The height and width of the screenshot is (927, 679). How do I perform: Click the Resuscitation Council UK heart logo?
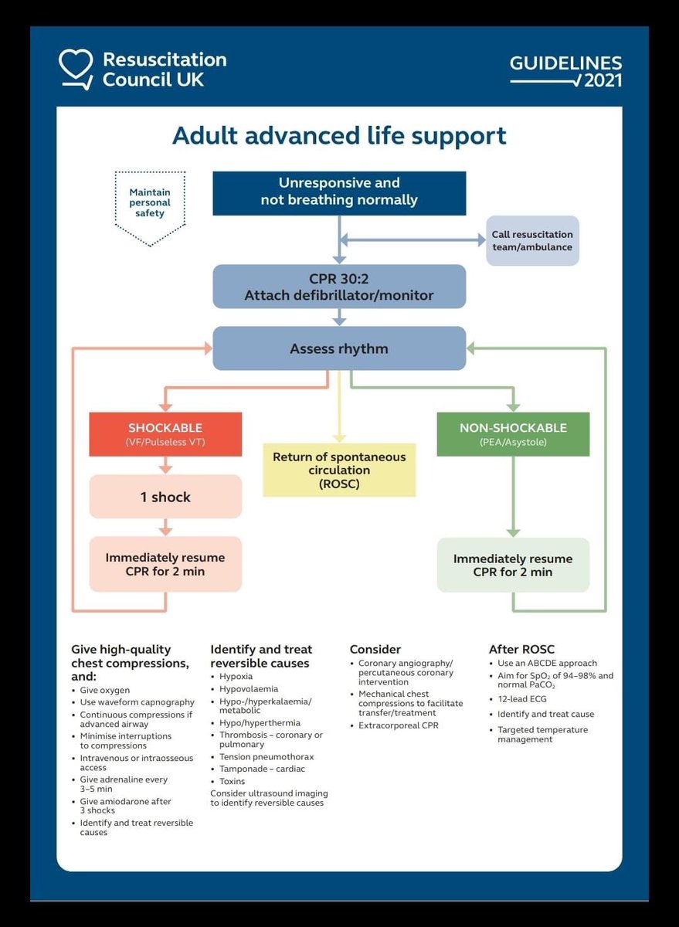pyautogui.click(x=76, y=69)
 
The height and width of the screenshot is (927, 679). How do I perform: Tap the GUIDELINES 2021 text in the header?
pyautogui.click(x=565, y=71)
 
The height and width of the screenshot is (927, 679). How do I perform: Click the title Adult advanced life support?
pyautogui.click(x=339, y=135)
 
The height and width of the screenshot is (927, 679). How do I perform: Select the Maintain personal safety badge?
pyautogui.click(x=150, y=202)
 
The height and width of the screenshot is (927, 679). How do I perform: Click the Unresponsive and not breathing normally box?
pyautogui.click(x=339, y=192)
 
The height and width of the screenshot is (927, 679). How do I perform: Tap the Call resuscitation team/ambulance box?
pyautogui.click(x=532, y=240)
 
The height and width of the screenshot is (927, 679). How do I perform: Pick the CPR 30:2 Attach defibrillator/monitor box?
pyautogui.click(x=339, y=287)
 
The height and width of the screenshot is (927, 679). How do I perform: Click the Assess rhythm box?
pyautogui.click(x=339, y=348)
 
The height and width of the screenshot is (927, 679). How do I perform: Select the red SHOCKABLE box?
pyautogui.click(x=165, y=434)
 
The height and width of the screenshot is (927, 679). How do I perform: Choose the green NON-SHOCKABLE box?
pyautogui.click(x=513, y=434)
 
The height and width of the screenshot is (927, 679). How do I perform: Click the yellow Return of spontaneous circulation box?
pyautogui.click(x=339, y=470)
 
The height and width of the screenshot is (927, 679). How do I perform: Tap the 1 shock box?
pyautogui.click(x=165, y=497)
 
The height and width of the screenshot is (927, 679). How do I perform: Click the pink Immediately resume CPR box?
pyautogui.click(x=165, y=565)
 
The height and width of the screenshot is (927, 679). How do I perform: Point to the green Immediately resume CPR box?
pyautogui.click(x=513, y=565)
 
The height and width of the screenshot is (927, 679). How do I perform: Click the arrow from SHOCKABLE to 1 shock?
pyautogui.click(x=165, y=465)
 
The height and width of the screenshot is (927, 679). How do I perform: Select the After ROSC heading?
pyautogui.click(x=521, y=650)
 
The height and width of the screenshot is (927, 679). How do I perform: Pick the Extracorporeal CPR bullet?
pyautogui.click(x=398, y=725)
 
